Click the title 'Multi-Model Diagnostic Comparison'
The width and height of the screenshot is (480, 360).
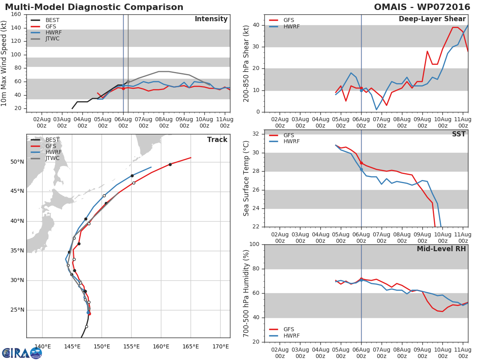click(x=94, y=7)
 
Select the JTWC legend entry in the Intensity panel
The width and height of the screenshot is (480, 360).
click(x=52, y=39)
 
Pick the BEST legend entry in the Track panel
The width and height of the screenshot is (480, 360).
click(x=52, y=140)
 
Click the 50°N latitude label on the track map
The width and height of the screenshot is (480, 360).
click(x=17, y=162)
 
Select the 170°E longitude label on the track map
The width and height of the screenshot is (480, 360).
click(x=220, y=346)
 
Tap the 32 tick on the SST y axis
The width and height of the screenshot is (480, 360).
click(x=256, y=134)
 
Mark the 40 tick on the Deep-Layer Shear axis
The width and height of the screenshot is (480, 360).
click(x=256, y=25)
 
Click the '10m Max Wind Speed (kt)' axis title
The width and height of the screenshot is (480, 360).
click(x=4, y=63)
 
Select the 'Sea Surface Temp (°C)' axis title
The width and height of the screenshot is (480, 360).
click(x=246, y=178)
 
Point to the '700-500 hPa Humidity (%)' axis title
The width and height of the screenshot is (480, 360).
click(x=246, y=293)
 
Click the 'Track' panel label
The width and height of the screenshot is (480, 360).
click(x=217, y=140)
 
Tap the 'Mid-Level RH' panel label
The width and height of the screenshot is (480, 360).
click(x=441, y=249)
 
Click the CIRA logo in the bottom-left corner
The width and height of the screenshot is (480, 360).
click(x=22, y=353)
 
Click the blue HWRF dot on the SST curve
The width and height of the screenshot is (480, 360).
click(x=361, y=169)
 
